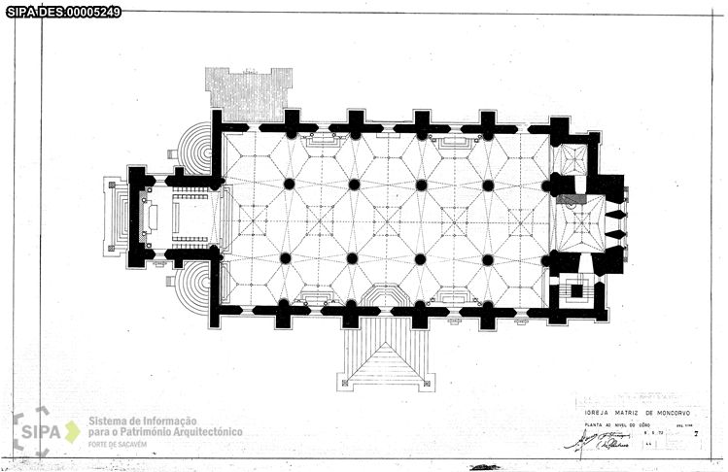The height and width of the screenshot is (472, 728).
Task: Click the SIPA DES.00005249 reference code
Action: pyautogui.click(x=64, y=12)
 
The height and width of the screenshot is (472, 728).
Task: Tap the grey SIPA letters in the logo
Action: pyautogui.click(x=41, y=431)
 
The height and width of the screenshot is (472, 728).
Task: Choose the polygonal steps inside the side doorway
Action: pyautogui.click(x=385, y=295)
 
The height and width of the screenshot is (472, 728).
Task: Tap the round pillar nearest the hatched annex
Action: pyautogui.click(x=289, y=184)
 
